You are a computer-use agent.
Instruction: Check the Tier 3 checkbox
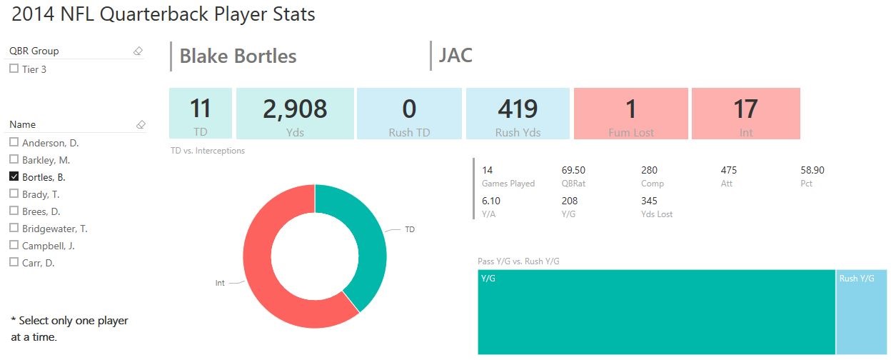pos(14,69)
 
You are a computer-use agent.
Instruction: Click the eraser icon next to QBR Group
pos(139,51)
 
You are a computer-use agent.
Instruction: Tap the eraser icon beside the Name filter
pos(141,124)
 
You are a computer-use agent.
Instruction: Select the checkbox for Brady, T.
pos(14,194)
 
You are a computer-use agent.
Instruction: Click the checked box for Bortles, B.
pos(14,176)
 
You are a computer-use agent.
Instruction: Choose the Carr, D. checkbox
pos(14,262)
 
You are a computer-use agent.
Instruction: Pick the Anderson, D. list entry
pos(46,142)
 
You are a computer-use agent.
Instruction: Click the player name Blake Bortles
pos(238,56)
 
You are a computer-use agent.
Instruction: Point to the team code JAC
pos(455,55)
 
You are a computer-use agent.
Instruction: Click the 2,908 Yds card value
pos(295,109)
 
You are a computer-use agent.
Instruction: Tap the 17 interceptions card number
pos(745,109)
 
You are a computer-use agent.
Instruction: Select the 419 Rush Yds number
pos(518,109)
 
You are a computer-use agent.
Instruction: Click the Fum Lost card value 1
pos(630,109)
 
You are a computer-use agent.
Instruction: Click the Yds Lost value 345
pos(649,201)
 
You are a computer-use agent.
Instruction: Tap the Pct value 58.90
pos(812,170)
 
